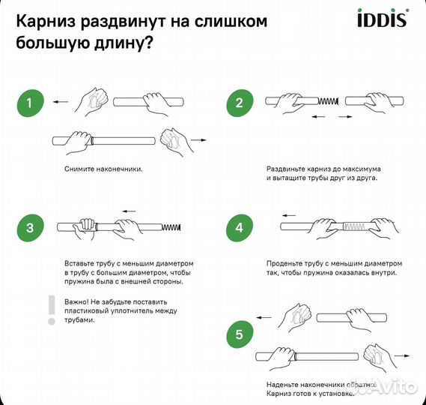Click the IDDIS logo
[x=387, y=16]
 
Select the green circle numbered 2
[x=240, y=103]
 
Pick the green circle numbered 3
[x=30, y=227]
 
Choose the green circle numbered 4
[x=240, y=227]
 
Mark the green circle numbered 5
[x=240, y=335]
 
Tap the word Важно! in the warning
[x=79, y=301]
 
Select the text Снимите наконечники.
[x=103, y=169]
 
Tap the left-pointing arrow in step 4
[x=289, y=215]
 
